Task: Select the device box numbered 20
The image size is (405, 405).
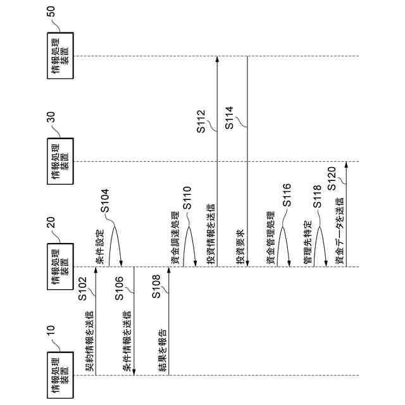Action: [x=60, y=266]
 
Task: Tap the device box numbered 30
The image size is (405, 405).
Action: [x=60, y=161]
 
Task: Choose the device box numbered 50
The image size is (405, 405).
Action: [x=60, y=56]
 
